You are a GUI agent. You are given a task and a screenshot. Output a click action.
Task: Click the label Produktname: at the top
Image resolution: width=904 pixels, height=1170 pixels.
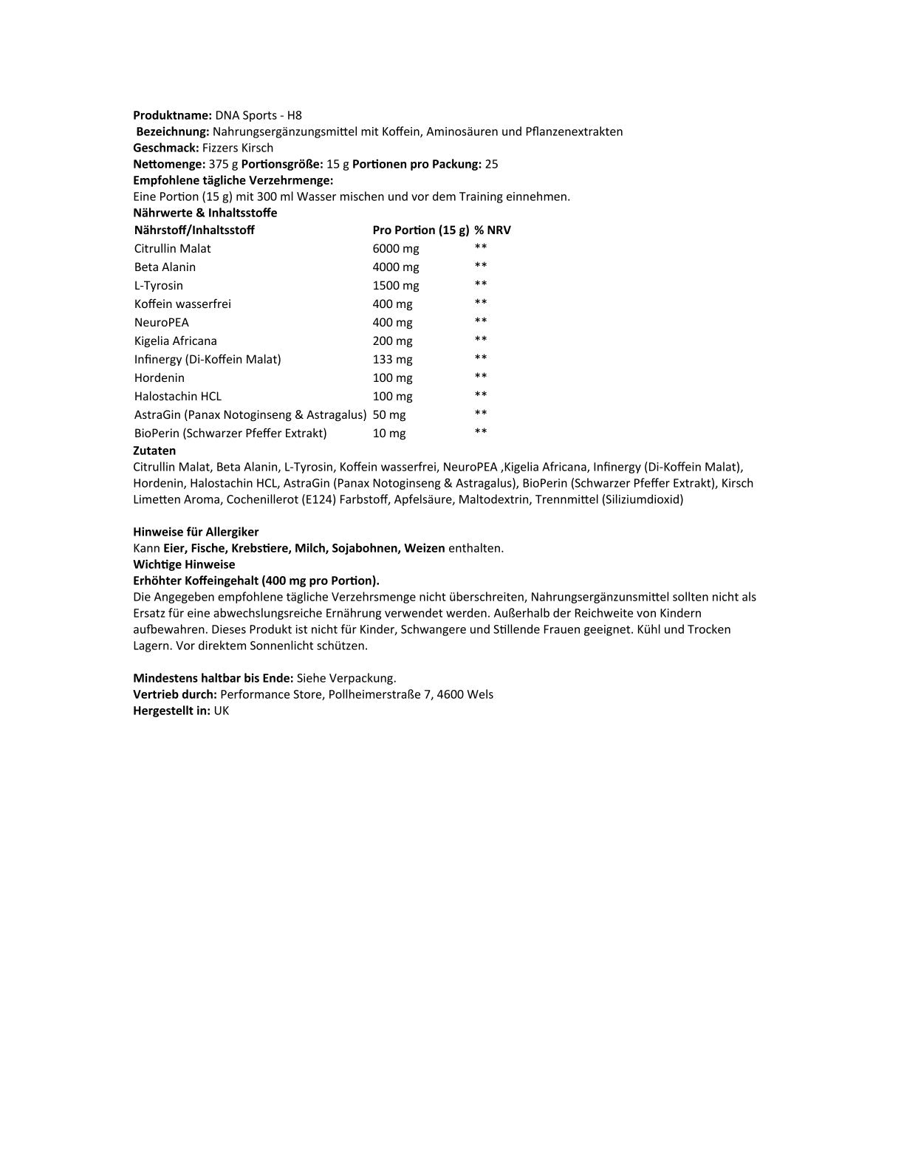[x=172, y=115]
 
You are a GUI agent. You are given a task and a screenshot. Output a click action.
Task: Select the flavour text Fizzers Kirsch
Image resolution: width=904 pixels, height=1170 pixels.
[x=238, y=148]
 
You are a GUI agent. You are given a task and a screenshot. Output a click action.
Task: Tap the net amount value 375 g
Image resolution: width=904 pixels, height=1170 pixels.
[x=223, y=164]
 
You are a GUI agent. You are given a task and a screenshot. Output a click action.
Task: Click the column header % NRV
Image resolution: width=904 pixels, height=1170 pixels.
[x=493, y=230]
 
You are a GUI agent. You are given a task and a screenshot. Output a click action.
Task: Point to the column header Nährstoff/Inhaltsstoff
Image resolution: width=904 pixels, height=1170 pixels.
[x=194, y=230]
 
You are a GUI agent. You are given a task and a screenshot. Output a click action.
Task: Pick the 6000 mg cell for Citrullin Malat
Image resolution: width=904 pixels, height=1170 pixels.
[x=396, y=248]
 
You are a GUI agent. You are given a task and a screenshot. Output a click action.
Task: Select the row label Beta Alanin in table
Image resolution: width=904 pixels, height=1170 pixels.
[x=165, y=267]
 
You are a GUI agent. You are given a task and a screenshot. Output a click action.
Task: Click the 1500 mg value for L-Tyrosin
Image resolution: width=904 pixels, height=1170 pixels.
[x=396, y=285]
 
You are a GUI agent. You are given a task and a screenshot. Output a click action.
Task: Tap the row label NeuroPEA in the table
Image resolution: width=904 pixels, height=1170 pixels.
[x=162, y=322]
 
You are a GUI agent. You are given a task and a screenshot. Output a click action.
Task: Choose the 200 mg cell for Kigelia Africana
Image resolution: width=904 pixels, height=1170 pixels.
[x=393, y=341]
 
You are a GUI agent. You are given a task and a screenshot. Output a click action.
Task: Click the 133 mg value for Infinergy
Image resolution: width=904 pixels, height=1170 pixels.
[x=393, y=359]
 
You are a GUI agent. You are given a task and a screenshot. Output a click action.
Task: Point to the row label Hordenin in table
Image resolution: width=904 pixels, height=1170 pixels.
[x=160, y=377]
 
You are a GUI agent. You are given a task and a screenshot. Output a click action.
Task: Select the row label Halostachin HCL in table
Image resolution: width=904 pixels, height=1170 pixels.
[x=178, y=396]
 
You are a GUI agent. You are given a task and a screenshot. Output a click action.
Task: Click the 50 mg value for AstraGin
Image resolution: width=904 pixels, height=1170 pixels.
[x=389, y=414]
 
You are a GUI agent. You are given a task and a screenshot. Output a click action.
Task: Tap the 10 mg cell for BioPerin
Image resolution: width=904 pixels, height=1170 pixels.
[x=389, y=433]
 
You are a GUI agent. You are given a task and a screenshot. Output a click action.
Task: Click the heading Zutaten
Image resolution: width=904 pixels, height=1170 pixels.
[x=154, y=451]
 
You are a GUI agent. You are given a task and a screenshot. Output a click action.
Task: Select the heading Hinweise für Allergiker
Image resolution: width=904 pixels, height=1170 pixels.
[x=196, y=532]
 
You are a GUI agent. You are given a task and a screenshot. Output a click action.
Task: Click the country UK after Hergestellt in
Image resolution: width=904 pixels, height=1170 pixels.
[x=222, y=711]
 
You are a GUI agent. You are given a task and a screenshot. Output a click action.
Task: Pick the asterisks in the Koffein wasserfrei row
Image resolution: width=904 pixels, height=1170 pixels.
[x=481, y=303]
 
